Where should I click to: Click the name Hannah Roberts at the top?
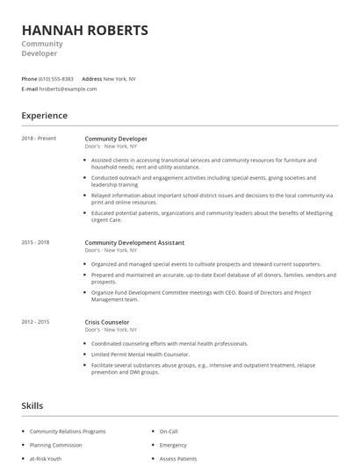tap(85, 30)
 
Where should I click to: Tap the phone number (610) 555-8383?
tap(57, 79)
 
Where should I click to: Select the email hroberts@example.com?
tap(68, 89)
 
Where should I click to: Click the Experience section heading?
tap(45, 115)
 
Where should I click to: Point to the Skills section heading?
tap(32, 405)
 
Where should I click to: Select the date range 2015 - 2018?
tap(35, 242)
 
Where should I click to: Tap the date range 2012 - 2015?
tap(35, 322)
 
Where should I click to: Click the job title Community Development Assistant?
tap(134, 242)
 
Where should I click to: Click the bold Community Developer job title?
tap(116, 139)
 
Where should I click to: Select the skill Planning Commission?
tap(55, 445)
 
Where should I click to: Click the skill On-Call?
tap(169, 432)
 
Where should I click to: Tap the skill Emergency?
tap(174, 445)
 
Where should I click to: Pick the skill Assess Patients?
tap(178, 458)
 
